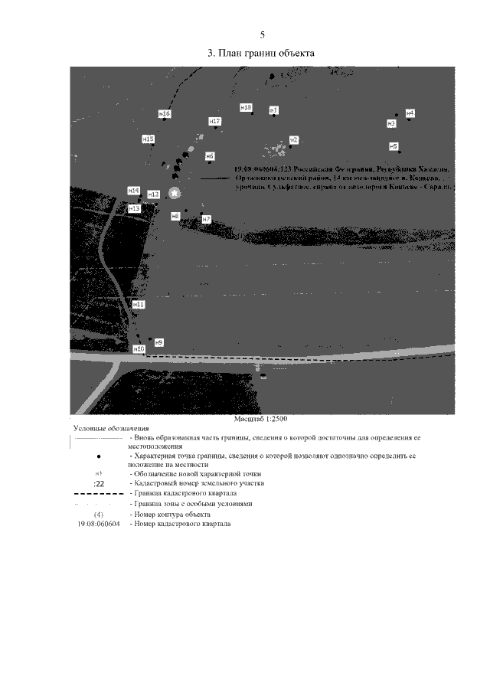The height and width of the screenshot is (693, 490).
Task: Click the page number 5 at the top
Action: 262,35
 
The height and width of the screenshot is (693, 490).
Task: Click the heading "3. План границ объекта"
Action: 262,54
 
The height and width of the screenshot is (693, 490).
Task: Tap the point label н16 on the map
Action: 165,114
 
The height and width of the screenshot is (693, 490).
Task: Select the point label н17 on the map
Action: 215,122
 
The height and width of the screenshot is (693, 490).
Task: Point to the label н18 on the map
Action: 246,107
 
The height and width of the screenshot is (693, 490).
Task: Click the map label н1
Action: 273,110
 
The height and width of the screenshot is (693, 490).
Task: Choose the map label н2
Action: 293,139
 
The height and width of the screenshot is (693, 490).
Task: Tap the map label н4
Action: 410,113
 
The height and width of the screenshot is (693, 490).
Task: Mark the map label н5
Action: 394,145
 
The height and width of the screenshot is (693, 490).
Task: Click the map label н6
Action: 210,156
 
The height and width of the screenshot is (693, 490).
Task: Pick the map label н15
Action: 149,139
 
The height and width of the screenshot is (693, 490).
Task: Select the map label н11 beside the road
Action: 139,304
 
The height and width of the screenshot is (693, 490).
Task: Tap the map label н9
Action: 159,342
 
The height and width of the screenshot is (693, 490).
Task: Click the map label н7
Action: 206,219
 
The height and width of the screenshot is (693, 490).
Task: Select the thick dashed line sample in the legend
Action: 100,494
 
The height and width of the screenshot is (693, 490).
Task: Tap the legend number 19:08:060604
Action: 100,524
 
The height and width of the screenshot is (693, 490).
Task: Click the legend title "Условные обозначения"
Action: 111,428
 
